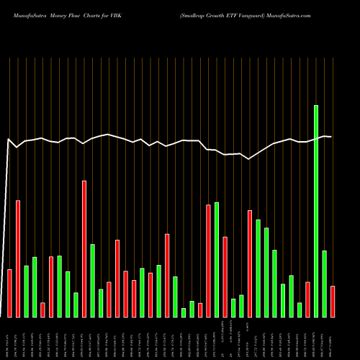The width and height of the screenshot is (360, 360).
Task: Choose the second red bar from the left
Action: pos(17,258)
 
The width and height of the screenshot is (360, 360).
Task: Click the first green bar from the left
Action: pos(26,291)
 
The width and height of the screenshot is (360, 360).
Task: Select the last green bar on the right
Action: pos(324,284)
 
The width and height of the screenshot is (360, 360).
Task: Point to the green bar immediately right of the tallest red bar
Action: pos(92,280)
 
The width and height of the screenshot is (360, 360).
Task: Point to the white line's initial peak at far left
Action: pos(8,139)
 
